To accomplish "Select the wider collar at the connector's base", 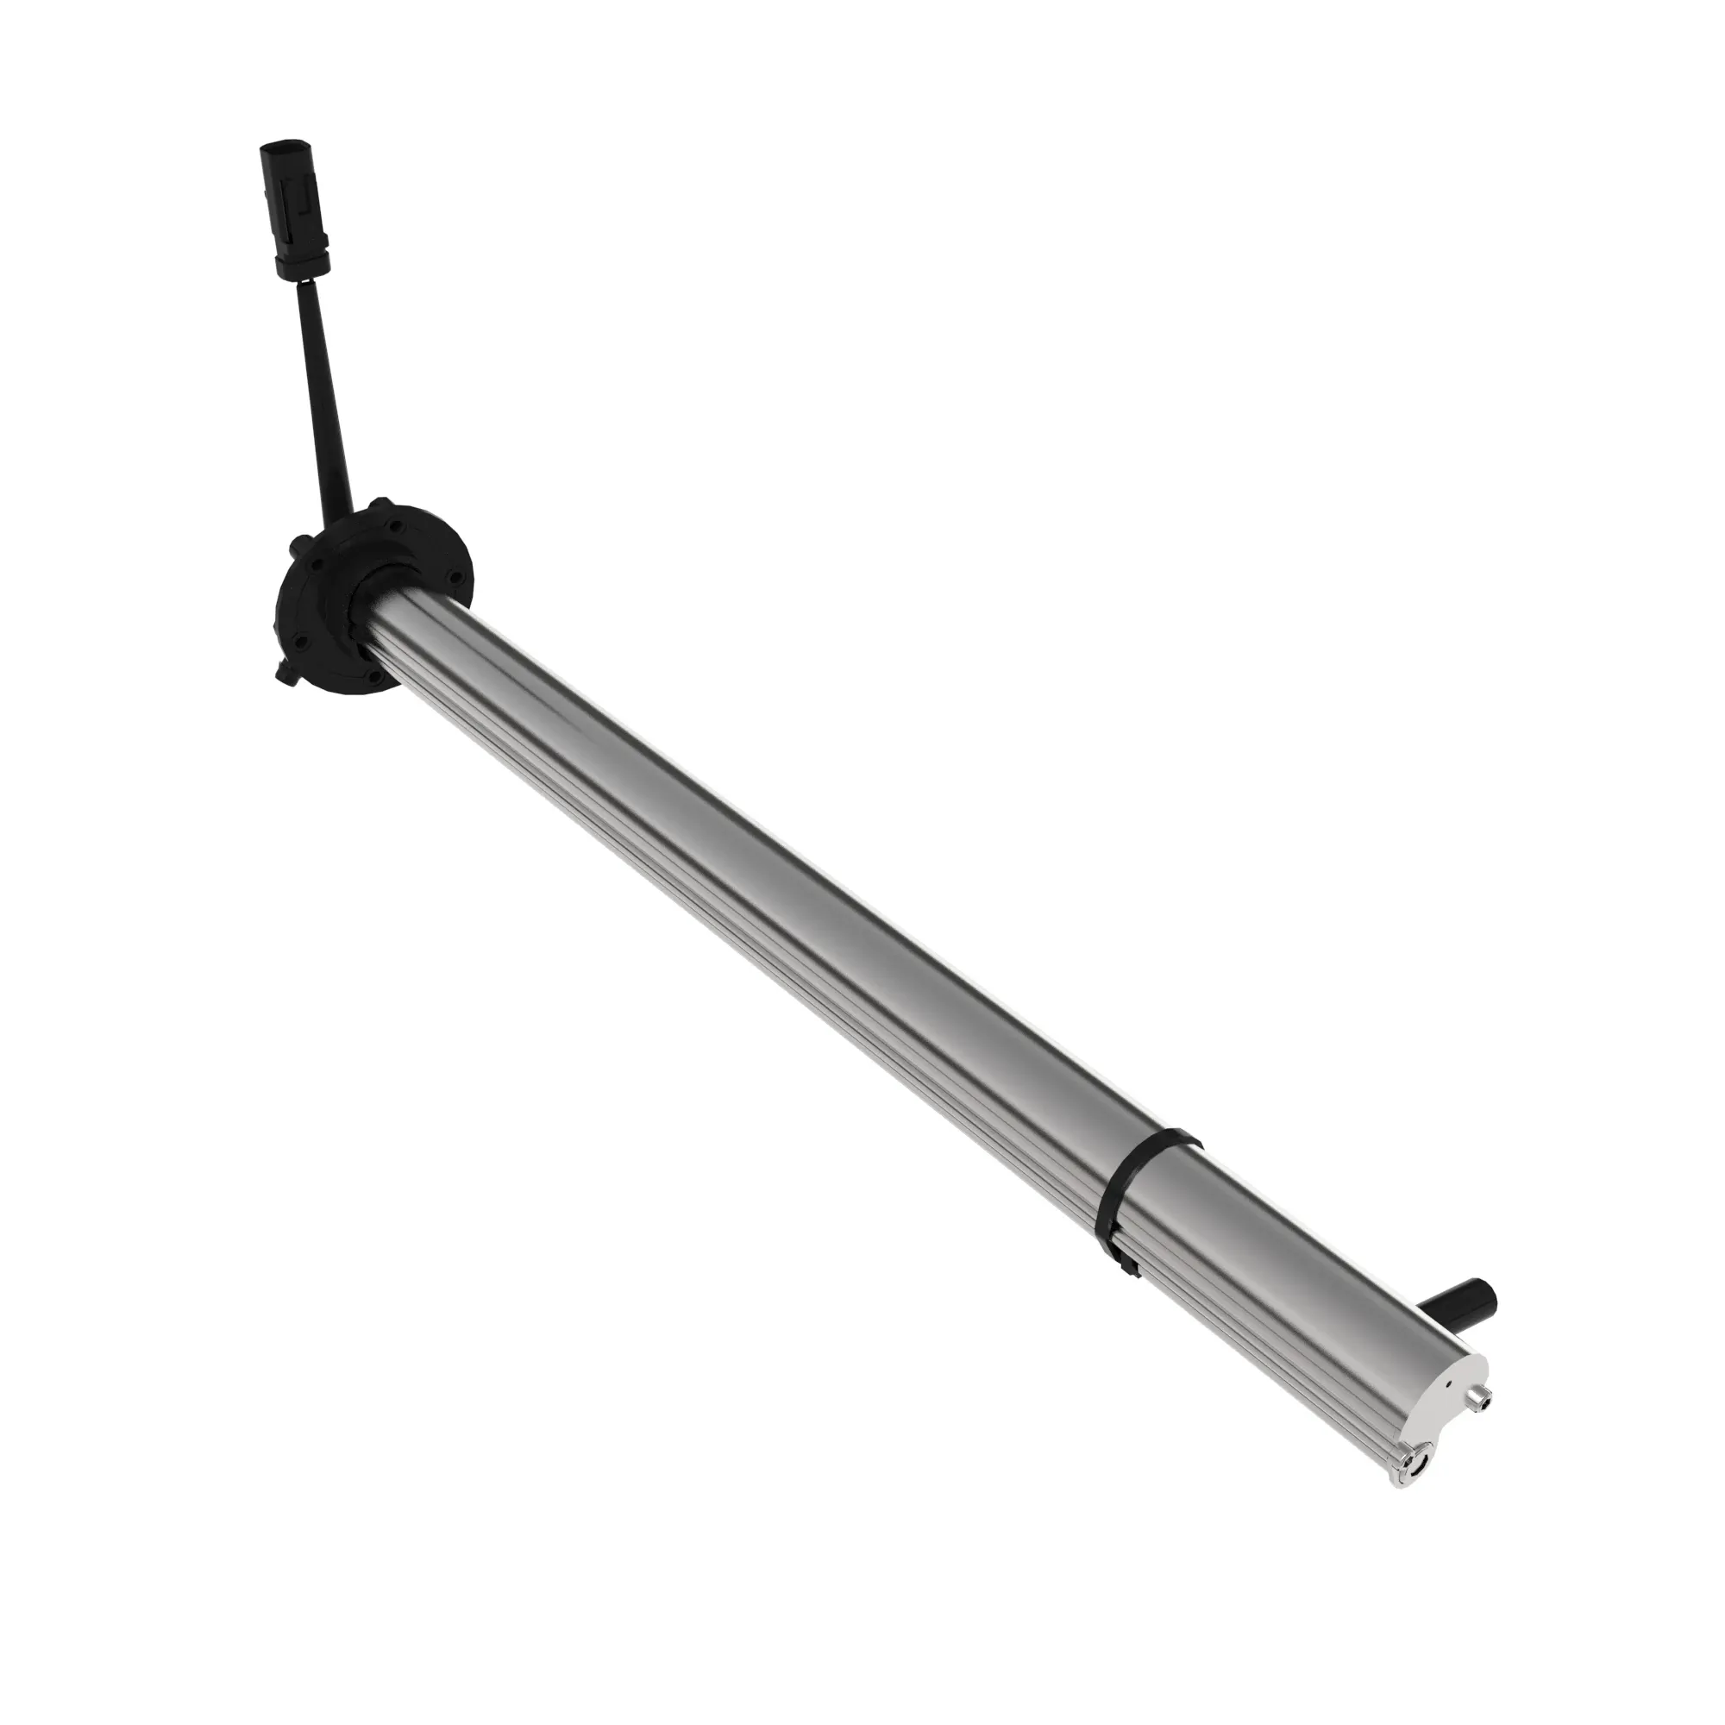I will (302, 262).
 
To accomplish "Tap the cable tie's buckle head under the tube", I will (1128, 1266).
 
